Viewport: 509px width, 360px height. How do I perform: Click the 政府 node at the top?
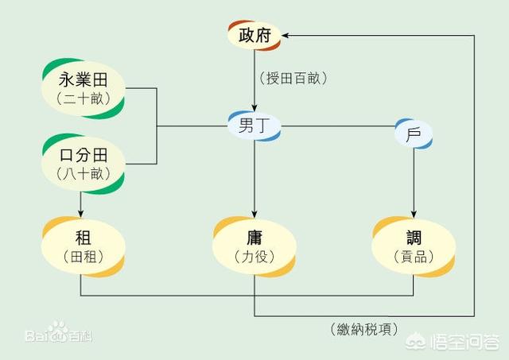point(254,35)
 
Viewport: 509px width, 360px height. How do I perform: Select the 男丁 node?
point(254,126)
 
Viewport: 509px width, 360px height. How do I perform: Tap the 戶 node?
point(414,134)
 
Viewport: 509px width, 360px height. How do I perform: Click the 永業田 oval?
point(83,88)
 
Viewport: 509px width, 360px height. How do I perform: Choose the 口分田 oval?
point(83,164)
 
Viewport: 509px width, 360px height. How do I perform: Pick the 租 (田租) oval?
point(83,247)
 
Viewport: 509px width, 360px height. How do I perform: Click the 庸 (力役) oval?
point(254,247)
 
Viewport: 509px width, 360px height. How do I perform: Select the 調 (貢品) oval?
point(414,247)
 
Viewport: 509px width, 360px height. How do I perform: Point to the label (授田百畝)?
point(293,78)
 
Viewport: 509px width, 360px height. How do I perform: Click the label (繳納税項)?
point(364,330)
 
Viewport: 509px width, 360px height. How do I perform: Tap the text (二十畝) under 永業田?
point(83,99)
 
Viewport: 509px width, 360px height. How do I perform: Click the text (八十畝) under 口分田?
point(83,174)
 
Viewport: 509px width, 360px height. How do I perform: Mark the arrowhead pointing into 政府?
point(286,35)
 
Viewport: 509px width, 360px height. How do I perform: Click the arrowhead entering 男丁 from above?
point(254,107)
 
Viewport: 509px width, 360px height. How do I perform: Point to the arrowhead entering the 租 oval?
point(80,213)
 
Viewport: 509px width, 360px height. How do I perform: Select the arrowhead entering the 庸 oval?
point(254,214)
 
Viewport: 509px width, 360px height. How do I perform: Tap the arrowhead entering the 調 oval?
point(414,214)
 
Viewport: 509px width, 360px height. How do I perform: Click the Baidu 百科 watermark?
point(59,332)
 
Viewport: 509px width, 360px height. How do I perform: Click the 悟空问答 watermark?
point(453,342)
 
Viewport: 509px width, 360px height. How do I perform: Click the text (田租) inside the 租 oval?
point(83,257)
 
